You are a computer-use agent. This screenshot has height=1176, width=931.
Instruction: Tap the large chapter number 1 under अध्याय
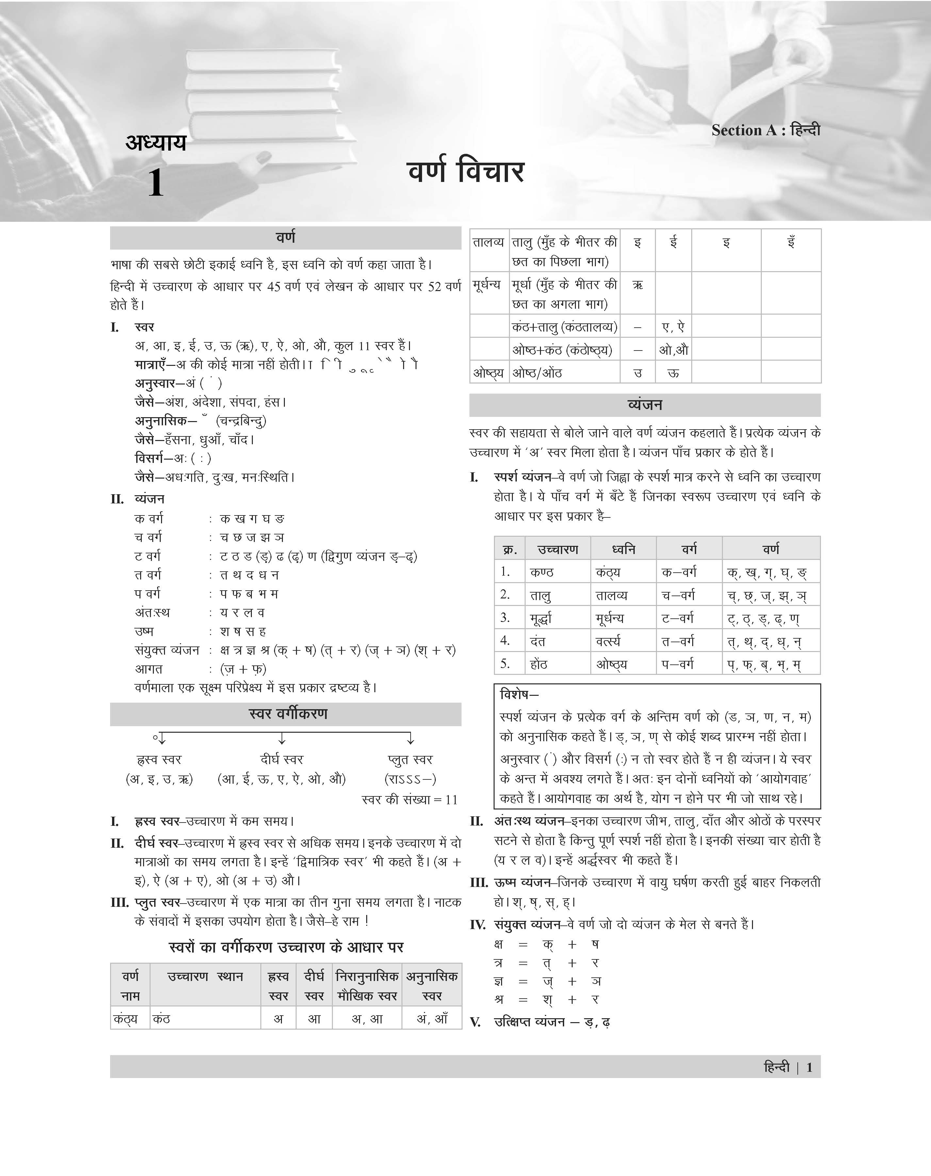(x=155, y=183)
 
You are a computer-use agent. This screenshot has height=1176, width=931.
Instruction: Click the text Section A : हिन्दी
(x=765, y=130)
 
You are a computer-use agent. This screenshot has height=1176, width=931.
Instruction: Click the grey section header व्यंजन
(x=645, y=405)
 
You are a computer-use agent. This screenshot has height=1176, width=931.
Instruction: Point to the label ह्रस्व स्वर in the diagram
(x=159, y=759)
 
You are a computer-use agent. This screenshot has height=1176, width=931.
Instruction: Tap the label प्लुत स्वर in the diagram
(x=410, y=759)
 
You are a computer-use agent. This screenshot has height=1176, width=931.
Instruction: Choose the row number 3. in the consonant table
(x=505, y=617)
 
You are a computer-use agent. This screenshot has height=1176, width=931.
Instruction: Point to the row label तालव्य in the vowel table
(x=488, y=242)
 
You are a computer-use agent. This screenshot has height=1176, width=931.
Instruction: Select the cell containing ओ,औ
(x=673, y=350)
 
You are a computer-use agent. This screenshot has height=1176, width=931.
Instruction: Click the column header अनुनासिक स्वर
(x=432, y=986)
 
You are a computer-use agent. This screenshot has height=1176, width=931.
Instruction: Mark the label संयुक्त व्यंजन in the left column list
(x=167, y=650)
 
